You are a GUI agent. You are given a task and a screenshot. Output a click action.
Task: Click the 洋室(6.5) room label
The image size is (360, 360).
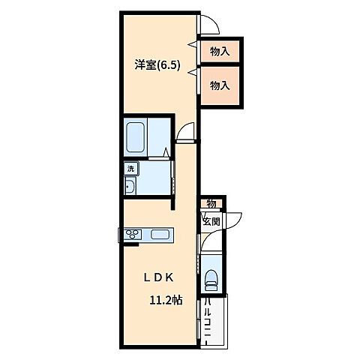155,65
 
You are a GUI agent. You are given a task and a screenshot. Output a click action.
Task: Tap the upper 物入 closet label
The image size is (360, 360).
219,52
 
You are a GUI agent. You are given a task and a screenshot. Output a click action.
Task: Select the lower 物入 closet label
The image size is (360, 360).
219,85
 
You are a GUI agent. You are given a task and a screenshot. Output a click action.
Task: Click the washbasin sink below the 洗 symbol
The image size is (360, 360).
129,187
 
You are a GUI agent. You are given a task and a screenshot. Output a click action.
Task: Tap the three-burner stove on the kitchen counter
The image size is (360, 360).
133,235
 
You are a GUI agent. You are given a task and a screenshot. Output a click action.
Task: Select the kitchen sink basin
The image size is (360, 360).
160,235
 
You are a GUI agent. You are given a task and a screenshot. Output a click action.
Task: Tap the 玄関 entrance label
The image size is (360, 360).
211,221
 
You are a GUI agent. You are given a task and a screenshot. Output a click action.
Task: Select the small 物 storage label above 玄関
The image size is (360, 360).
211,204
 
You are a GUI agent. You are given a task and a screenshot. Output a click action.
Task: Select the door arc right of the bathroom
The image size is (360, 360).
185,133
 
